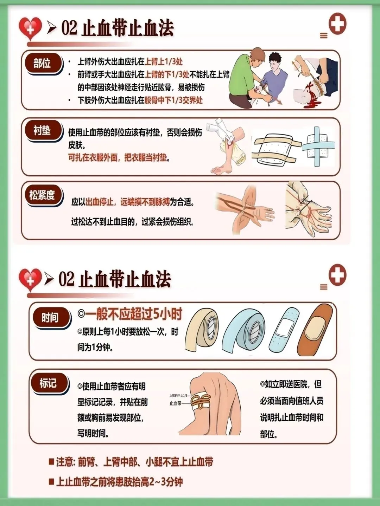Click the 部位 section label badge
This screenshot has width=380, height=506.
coord(43,63)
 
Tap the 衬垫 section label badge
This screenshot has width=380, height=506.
coord(43,131)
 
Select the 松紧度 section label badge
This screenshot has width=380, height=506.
coord(43,195)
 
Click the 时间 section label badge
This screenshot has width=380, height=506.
coord(51,318)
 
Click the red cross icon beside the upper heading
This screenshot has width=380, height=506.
coord(337,24)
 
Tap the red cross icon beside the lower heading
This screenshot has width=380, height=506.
coord(337,275)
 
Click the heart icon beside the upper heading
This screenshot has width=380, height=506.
coord(30,28)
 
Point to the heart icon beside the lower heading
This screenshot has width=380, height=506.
coord(30,279)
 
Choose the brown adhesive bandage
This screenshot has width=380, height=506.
coord(315,330)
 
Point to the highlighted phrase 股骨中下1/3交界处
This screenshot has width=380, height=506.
coord(173,100)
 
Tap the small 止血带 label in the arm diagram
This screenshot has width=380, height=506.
coord(175,403)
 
